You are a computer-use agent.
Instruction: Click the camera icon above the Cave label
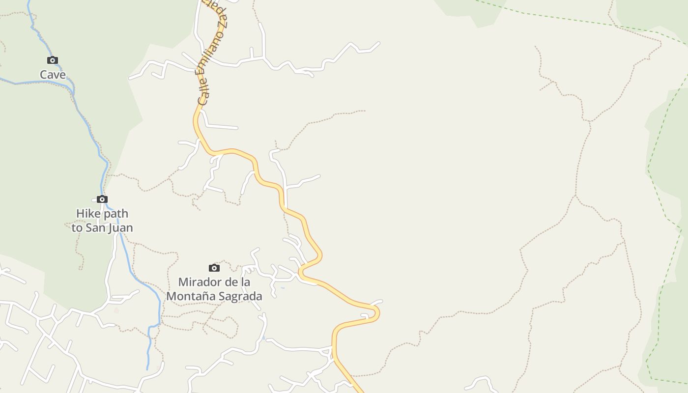click(53, 60)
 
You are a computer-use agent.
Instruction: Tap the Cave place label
click(53, 75)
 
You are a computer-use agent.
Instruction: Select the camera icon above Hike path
click(102, 199)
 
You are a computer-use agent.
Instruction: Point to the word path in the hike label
click(116, 214)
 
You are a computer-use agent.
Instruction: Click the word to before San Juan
click(77, 228)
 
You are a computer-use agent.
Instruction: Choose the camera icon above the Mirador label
click(214, 268)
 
